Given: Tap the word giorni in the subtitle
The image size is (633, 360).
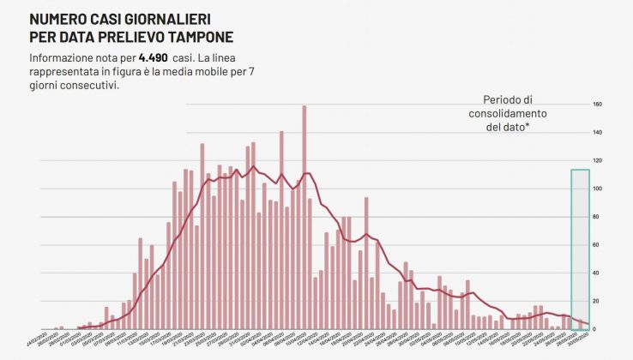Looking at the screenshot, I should click(x=43, y=85).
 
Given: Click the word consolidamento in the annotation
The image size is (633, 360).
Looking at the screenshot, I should click(x=508, y=113).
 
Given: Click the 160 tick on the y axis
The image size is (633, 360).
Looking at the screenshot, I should click(x=598, y=105).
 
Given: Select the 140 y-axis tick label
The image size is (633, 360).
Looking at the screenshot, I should click(x=598, y=133).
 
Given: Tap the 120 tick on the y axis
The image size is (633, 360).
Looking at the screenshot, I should click(x=598, y=161).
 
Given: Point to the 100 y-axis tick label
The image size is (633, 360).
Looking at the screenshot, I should click(x=598, y=189).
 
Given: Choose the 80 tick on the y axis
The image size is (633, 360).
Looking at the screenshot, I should click(x=597, y=217).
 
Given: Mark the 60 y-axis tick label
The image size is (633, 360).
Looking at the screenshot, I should click(x=597, y=245).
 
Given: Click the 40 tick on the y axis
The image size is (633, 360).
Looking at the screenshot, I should click(x=597, y=273).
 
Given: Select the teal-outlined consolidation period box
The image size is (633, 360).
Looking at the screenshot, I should click(x=580, y=249).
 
